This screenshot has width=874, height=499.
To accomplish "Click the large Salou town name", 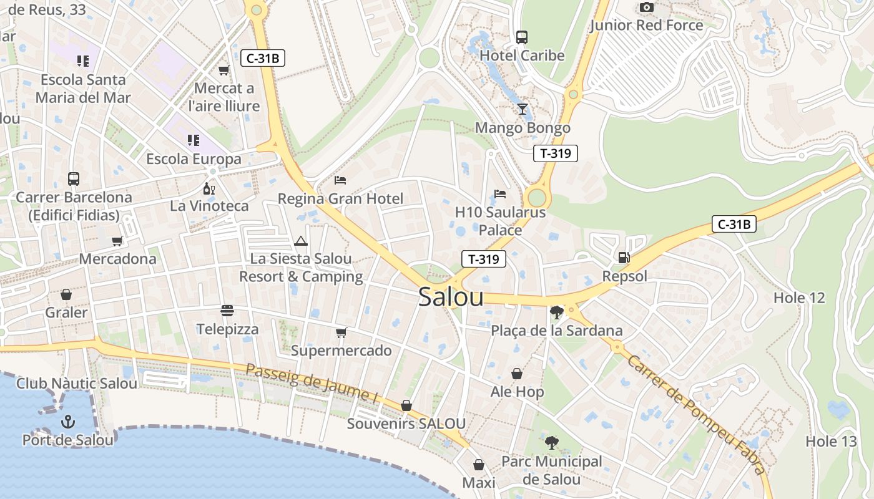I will point(451,297).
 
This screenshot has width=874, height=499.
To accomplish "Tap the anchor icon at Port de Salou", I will point(68,422).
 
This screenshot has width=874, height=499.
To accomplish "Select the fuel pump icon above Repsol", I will point(623,257).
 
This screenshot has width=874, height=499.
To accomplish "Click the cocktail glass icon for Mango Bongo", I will point(523,109).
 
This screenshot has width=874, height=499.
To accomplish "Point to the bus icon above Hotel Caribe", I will point(522,37).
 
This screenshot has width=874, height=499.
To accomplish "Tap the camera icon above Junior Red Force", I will point(647,7).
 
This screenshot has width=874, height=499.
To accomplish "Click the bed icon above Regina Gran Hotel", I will point(340,180).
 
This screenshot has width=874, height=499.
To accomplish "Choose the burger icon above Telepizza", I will point(227,310).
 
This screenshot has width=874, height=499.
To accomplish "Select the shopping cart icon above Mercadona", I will point(117,241).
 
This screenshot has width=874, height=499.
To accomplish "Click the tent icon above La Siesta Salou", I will point(301,241).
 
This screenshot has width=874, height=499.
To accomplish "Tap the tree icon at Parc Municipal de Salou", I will point(552,443).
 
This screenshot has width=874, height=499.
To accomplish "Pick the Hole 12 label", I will point(799,298).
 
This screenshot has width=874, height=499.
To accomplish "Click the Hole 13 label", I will point(831,442).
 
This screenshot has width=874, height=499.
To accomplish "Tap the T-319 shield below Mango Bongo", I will point(556,153).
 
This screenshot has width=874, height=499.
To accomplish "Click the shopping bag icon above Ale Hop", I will point(517,374).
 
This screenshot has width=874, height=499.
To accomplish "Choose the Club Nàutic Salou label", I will point(77,383).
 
